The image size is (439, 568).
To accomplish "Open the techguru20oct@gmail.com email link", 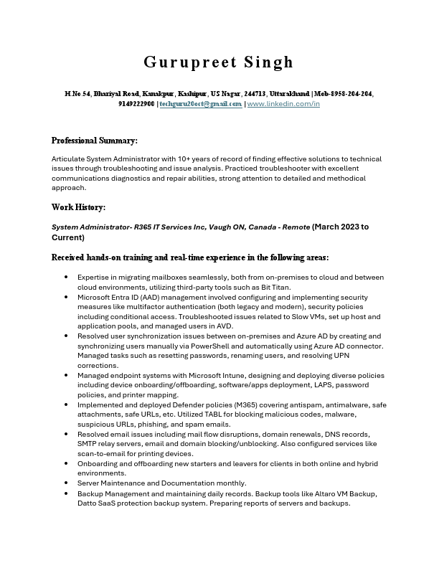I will tap(201, 104).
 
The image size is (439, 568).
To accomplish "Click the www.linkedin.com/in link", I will tap(283, 104).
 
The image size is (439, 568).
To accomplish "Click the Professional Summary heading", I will tap(95, 141).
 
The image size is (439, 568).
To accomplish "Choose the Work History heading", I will tap(79, 207).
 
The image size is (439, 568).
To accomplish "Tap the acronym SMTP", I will tap(88, 444).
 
